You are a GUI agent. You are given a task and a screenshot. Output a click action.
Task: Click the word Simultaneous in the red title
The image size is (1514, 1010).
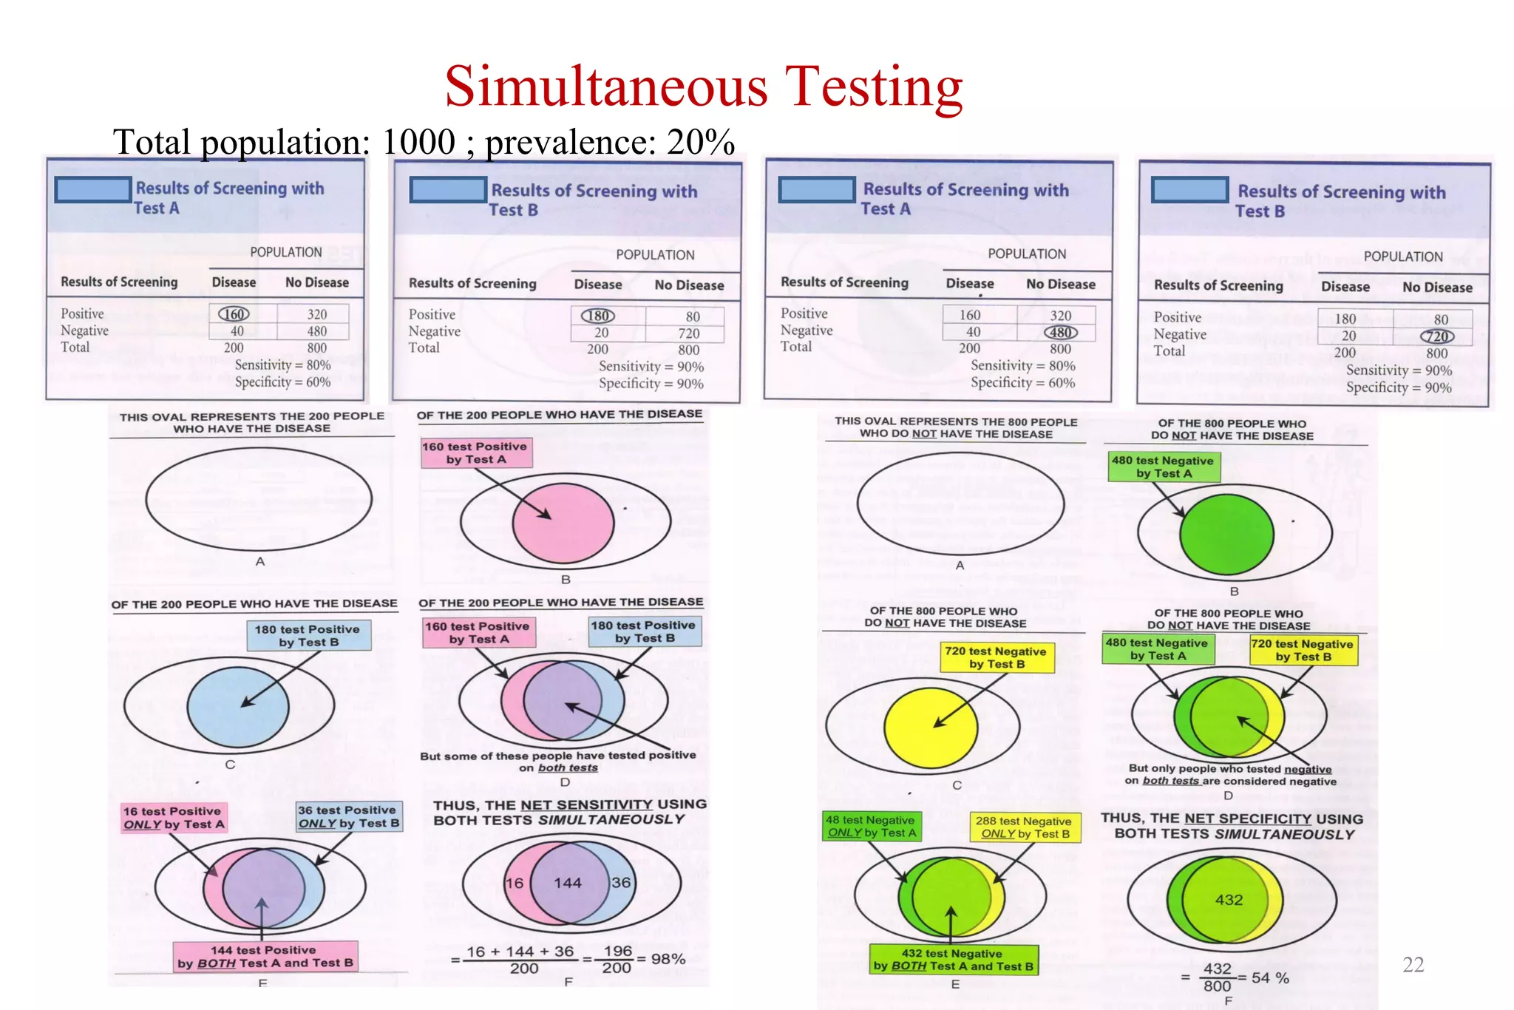pos(606,87)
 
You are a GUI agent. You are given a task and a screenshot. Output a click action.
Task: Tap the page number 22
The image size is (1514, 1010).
pos(1413,964)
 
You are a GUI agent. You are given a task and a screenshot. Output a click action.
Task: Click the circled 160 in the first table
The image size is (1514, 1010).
pos(234,314)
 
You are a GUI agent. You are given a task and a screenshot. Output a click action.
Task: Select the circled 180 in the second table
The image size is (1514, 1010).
pos(597,316)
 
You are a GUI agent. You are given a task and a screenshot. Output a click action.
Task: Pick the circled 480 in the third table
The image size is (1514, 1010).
pos(1060,333)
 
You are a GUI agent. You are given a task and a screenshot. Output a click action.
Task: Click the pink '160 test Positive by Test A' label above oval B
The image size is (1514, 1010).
pos(476,453)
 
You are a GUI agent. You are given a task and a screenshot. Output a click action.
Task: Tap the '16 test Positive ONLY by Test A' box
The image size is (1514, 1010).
pos(173,817)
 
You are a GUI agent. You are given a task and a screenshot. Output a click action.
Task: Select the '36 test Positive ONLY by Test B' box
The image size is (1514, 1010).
pos(348,816)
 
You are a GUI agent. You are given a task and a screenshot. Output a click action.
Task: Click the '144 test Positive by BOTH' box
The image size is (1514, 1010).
pos(265,956)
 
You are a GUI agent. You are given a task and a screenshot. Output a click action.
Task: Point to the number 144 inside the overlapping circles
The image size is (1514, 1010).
pos(567,883)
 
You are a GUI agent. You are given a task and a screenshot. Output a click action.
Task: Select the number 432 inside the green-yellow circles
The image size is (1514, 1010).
pos(1229,900)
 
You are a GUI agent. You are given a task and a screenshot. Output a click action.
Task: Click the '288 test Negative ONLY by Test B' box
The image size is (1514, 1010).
pos(1024,827)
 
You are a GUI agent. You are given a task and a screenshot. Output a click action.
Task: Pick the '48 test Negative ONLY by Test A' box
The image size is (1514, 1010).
pos(871,827)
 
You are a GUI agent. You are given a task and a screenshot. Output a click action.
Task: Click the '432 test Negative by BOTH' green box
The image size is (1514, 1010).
pos(953,960)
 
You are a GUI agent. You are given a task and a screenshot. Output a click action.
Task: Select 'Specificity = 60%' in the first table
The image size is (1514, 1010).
pos(282,382)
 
